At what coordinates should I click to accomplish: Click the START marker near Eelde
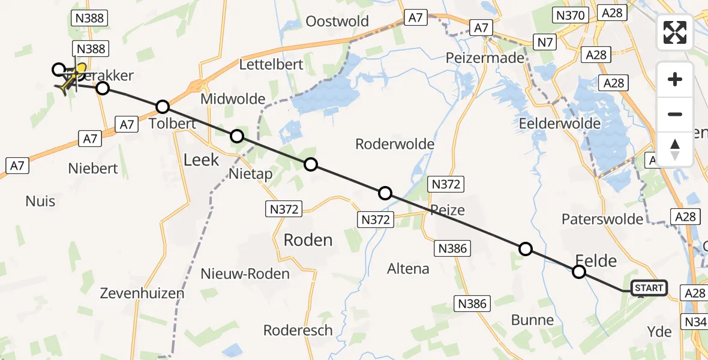click(649, 288)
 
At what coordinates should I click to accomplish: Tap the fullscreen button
click(675, 32)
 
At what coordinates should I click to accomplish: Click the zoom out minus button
click(675, 114)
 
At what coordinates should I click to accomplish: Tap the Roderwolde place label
click(395, 144)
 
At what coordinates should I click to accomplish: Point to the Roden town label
click(308, 240)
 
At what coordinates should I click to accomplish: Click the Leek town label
click(202, 160)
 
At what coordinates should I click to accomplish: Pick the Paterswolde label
click(598, 219)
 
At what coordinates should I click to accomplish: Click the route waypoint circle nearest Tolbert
click(163, 107)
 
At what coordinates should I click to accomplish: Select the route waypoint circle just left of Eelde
click(578, 272)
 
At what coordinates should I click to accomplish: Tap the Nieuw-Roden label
click(245, 274)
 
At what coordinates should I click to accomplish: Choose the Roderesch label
click(298, 330)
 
